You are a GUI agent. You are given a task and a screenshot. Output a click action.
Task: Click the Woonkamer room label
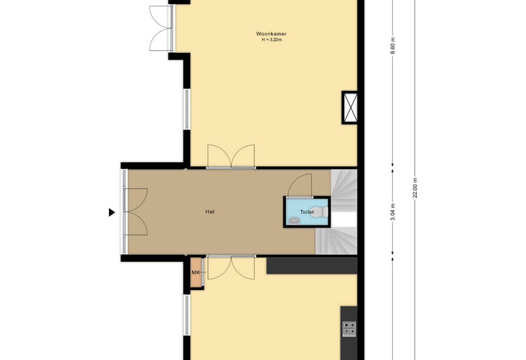click(271, 34)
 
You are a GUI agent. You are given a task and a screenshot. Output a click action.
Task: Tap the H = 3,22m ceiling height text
click(271, 40)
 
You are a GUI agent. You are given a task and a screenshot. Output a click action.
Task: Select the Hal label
click(210, 212)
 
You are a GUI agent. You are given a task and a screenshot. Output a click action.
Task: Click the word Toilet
click(307, 212)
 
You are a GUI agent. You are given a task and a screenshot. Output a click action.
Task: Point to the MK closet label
click(195, 273)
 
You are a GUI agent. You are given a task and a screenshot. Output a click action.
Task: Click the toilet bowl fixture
click(319, 212)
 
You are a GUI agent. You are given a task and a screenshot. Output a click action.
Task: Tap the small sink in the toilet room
click(294, 221)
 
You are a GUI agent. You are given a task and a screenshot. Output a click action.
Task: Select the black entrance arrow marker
click(112, 212)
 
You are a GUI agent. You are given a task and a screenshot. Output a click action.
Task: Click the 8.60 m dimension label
click(392, 46)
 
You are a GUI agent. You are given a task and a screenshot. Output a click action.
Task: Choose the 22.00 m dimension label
click(415, 188)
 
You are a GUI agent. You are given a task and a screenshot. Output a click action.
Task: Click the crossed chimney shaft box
click(350, 108)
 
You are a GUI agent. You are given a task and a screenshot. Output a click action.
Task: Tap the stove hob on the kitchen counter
click(349, 328)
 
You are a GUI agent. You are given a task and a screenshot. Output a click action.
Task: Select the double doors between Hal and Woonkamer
click(231, 156)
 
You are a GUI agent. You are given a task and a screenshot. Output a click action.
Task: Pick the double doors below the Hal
click(231, 267)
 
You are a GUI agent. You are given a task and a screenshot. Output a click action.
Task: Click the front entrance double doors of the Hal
click(136, 212)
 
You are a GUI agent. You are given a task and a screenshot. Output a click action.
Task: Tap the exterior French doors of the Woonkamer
click(161, 28)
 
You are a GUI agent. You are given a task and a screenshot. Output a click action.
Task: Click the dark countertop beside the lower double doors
click(312, 266)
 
